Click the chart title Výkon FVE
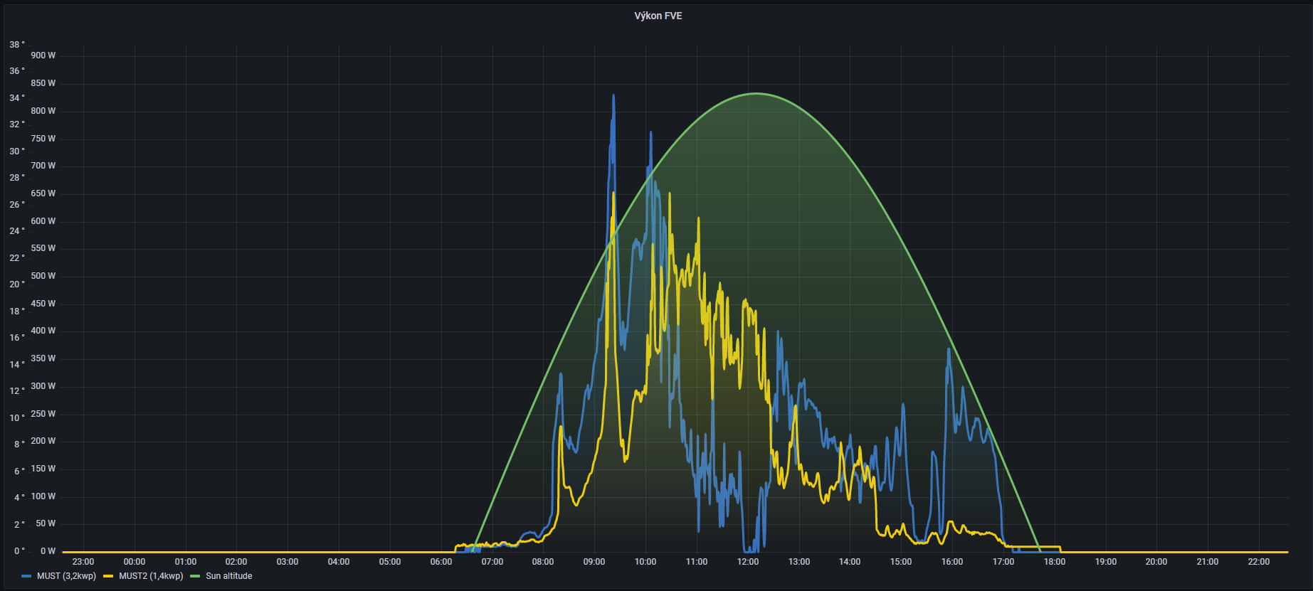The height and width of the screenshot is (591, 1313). coord(658,16)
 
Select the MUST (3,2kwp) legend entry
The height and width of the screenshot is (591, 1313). coord(65,576)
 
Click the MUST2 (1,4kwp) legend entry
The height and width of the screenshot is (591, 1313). coord(150,576)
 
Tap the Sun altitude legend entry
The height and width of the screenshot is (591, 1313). coord(228,576)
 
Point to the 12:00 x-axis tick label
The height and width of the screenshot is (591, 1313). coord(748,562)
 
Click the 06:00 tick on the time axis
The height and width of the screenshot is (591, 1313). coord(441,562)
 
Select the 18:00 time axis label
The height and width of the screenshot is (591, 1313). coord(1055,562)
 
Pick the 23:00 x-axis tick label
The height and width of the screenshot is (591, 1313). coord(83,562)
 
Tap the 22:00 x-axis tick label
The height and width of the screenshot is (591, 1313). coord(1259,562)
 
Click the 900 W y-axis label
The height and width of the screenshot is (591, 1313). coord(43,55)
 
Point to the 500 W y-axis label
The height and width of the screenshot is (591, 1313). coord(43,276)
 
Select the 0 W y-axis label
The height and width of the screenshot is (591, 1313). coord(48,551)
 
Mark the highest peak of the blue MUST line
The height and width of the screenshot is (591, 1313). coord(613,95)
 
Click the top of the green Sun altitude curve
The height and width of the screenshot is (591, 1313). coord(756,93)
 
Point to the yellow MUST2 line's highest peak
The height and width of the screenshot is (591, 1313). coord(613,193)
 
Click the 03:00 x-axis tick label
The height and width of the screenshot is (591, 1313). coord(288,562)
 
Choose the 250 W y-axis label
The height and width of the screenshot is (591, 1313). coord(43,414)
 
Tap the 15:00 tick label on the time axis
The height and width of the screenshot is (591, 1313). coord(901,562)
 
